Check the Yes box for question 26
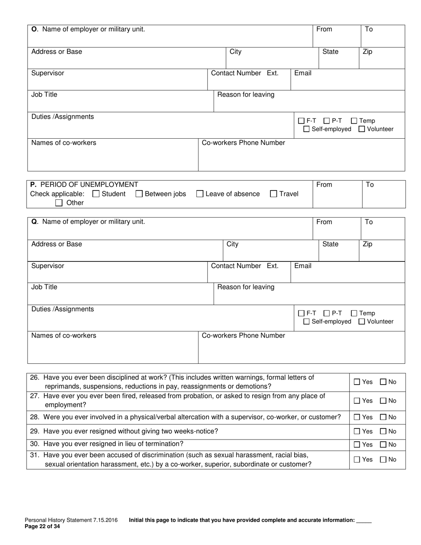coord(357,382)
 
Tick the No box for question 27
coord(383,401)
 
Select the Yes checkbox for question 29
coord(357,431)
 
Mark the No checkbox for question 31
coord(383,460)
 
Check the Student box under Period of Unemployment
coord(96,194)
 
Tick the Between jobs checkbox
coord(139,194)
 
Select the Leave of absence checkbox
coord(200,194)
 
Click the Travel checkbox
coord(273,194)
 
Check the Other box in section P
coord(59,203)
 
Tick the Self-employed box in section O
coord(306,129)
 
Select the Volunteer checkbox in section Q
coord(362,322)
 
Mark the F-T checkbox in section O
coord(301,121)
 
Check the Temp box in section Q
coord(354,313)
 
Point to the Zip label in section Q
coord(368,244)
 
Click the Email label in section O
coord(303,73)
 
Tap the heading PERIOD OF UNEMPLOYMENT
coord(89,184)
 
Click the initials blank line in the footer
coord(364,522)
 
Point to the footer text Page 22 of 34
coord(42,527)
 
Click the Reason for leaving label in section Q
coord(246,287)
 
